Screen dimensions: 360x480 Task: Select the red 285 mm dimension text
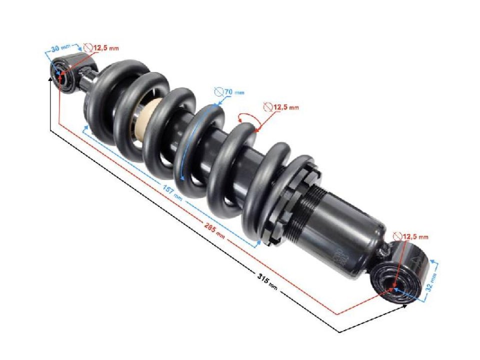point(213,227)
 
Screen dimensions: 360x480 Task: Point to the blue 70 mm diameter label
point(234,92)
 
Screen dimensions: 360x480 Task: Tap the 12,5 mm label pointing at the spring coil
point(285,107)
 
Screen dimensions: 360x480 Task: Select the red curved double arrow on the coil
point(247,119)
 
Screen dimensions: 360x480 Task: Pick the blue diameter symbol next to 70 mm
point(218,92)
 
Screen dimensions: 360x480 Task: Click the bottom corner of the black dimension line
point(339,331)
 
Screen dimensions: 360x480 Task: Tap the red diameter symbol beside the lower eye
point(397,236)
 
